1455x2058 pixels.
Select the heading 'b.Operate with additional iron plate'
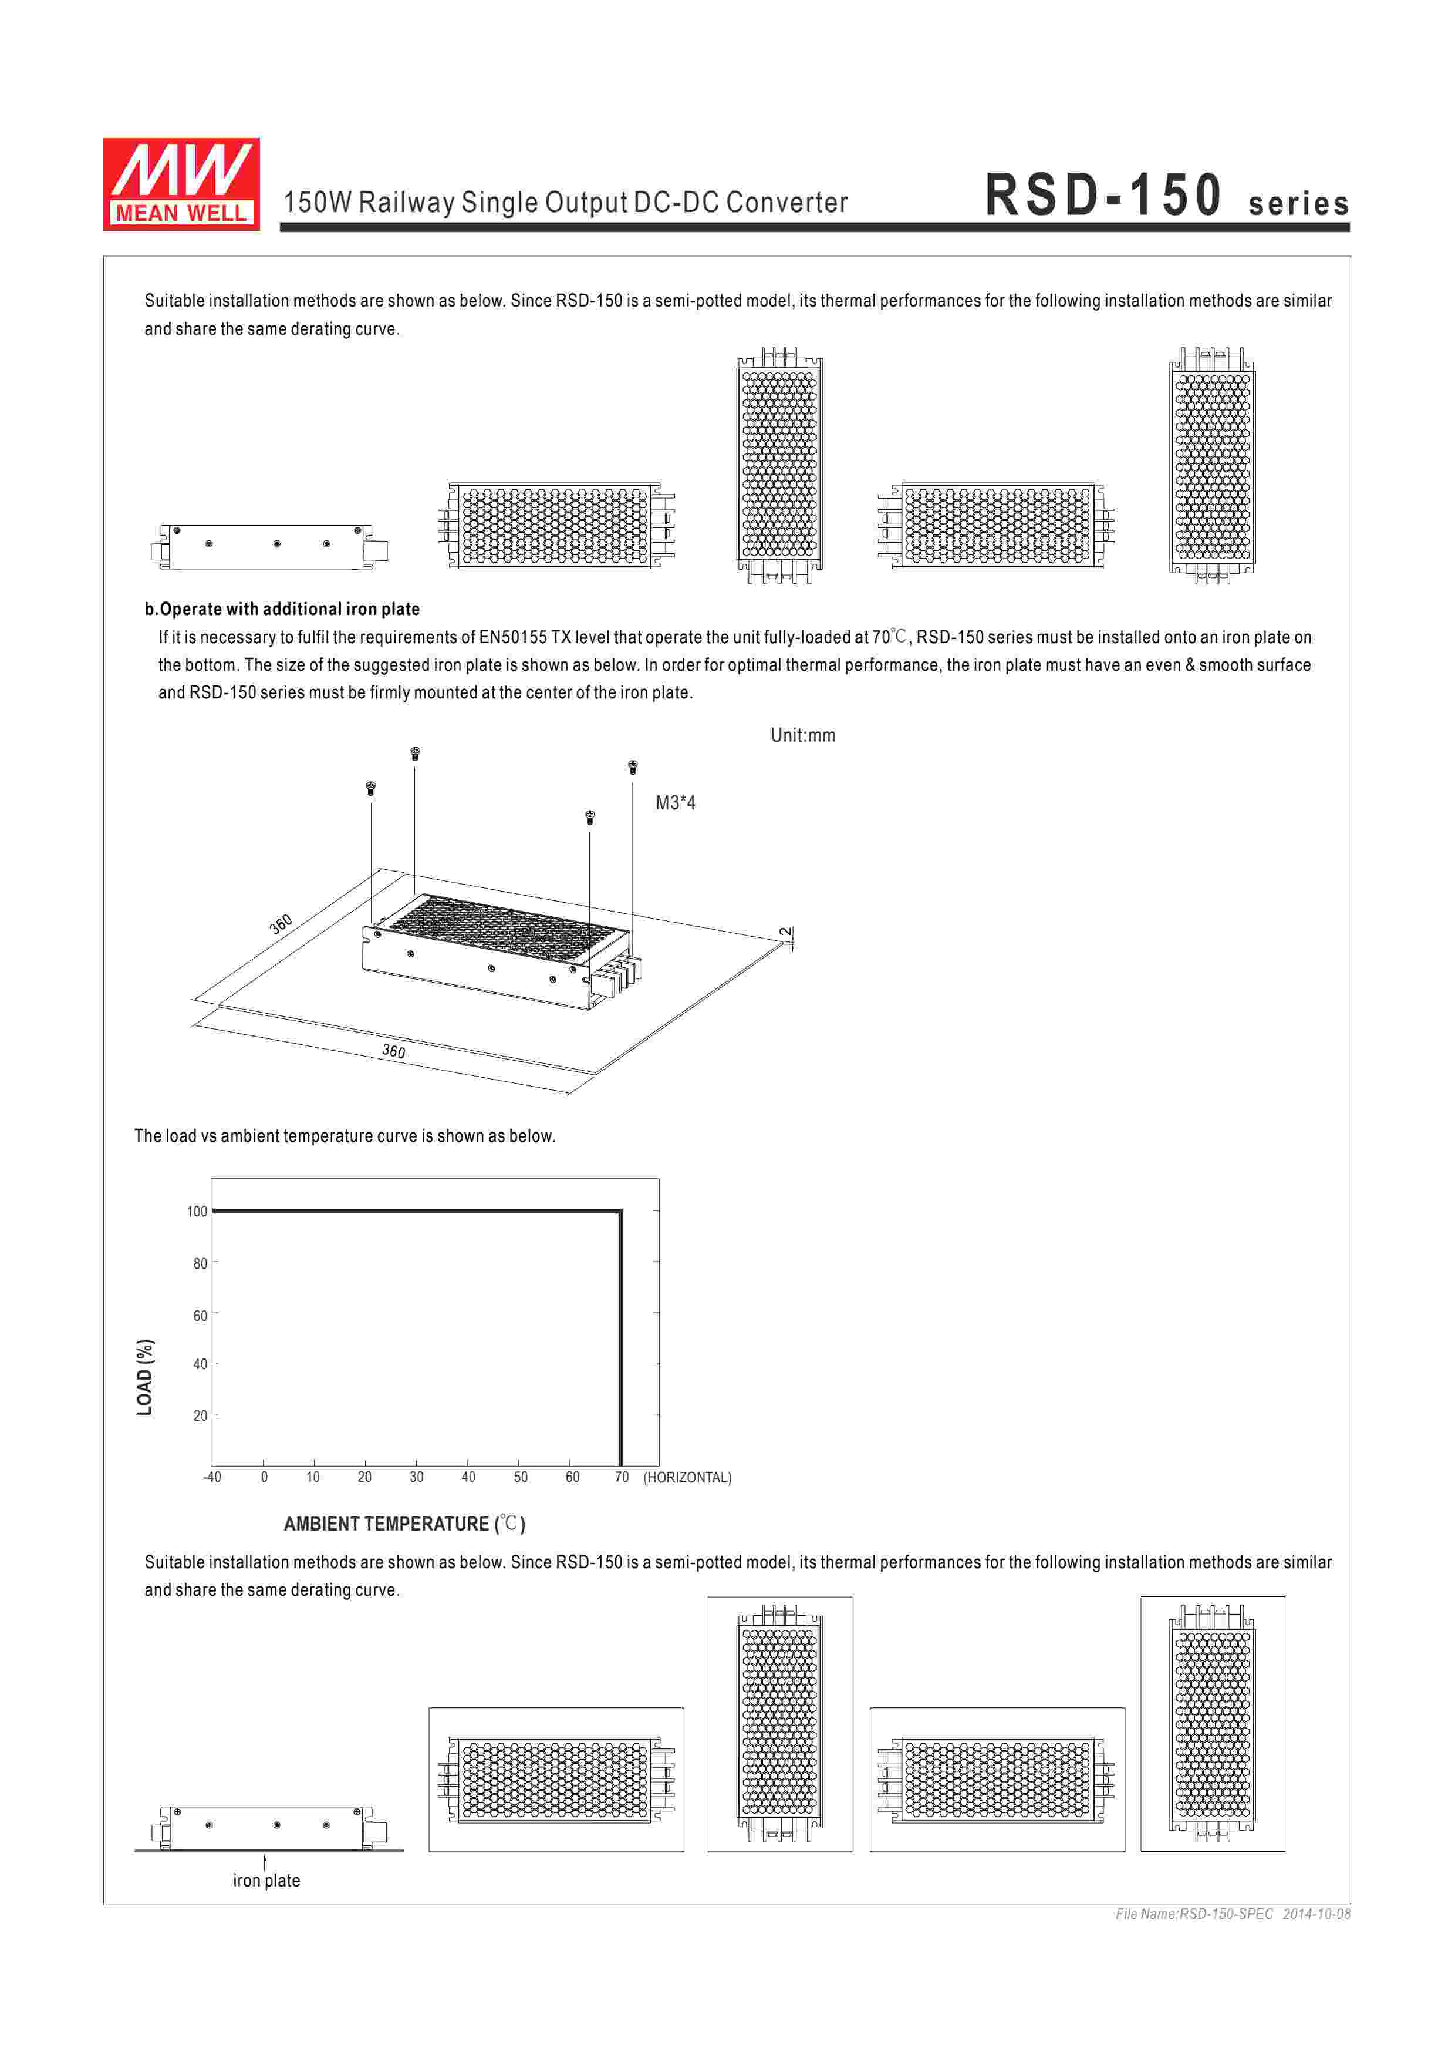tap(282, 610)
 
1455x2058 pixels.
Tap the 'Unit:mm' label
tap(803, 736)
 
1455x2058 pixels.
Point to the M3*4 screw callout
tap(676, 803)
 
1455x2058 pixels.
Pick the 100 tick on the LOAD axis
tap(197, 1212)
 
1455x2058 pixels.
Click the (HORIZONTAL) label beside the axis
tap(687, 1478)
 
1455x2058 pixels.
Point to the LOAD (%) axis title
tap(145, 1378)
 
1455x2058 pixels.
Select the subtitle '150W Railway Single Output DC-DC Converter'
tap(565, 203)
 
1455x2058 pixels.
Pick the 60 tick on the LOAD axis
tap(200, 1316)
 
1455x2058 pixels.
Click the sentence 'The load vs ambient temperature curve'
tap(345, 1136)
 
